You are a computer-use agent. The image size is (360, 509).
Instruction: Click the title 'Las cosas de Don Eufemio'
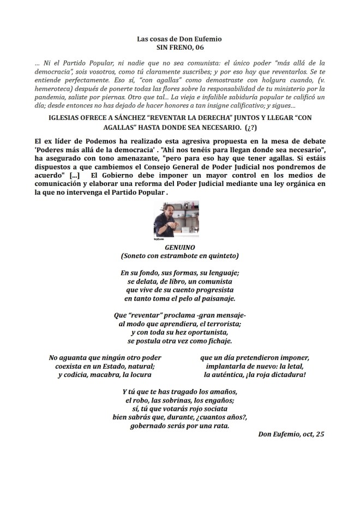coord(179,39)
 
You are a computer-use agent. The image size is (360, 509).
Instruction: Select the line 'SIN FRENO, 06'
coord(179,48)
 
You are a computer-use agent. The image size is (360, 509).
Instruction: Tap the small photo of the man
coord(176,220)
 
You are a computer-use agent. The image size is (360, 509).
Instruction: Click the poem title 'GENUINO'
coord(179,247)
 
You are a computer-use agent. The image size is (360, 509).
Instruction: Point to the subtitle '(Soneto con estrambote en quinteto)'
coord(179,255)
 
